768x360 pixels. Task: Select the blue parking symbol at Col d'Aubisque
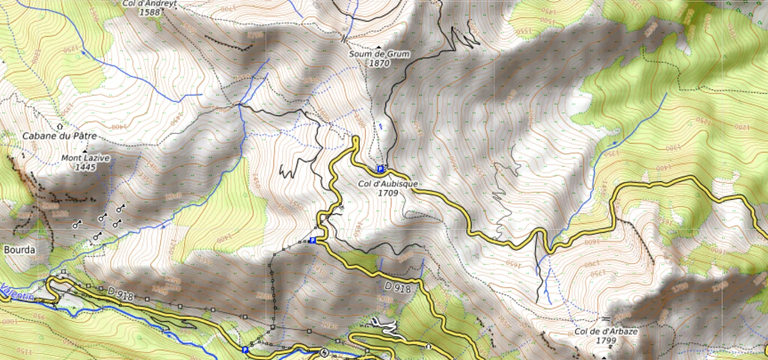[380, 169]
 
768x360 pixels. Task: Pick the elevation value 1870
[379, 63]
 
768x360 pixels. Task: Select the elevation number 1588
[149, 12]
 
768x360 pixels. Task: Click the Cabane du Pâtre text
[59, 136]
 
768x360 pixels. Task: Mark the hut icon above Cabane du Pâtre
[60, 126]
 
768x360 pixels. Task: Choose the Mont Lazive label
[85, 158]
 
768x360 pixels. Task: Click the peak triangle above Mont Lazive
[85, 151]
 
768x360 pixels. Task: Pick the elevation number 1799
[606, 340]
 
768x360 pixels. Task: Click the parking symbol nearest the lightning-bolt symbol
[245, 350]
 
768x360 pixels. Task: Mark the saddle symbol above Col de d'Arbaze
[606, 319]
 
